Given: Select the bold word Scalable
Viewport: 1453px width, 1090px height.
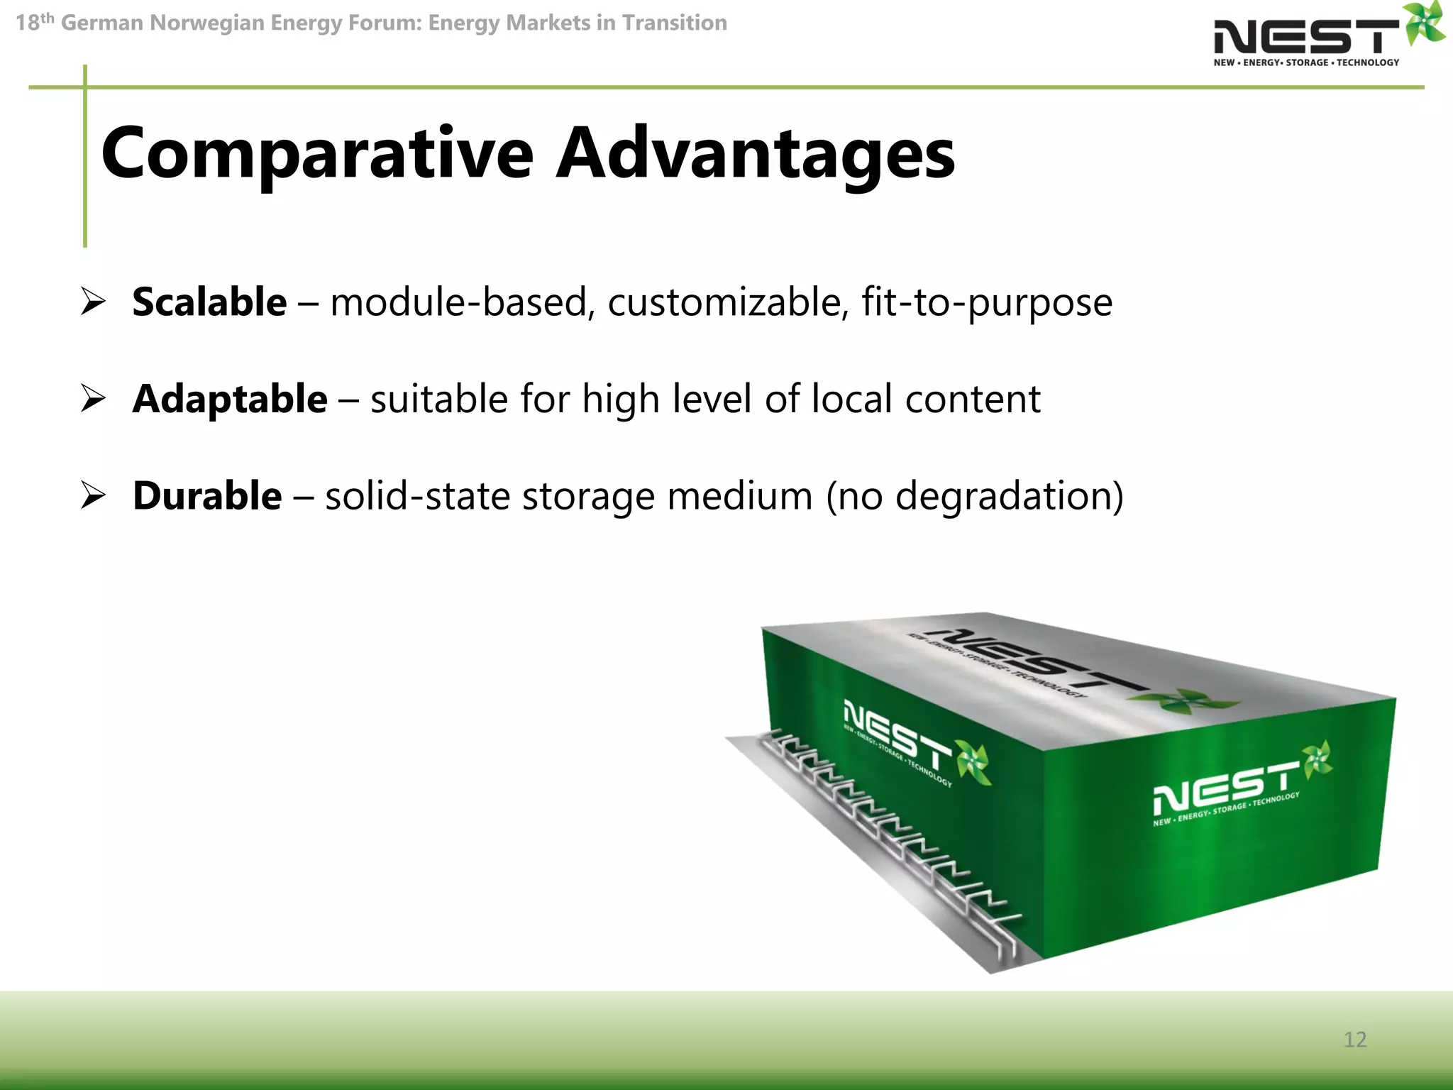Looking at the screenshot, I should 209,302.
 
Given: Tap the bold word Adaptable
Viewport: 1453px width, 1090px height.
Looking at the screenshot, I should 230,399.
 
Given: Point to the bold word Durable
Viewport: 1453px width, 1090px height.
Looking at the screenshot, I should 207,495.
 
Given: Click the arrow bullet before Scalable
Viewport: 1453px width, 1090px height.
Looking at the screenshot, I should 93,302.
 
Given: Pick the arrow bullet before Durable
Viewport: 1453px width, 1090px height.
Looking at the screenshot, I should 93,495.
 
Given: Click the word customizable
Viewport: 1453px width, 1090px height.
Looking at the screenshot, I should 728,302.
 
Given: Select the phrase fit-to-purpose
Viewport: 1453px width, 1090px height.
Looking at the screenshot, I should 986,302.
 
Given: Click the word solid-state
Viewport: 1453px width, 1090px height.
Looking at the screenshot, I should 417,495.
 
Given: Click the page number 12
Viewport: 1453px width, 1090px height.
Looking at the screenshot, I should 1354,1040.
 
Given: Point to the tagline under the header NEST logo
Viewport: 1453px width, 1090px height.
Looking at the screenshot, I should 1306,62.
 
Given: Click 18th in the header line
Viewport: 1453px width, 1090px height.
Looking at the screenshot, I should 34,23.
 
